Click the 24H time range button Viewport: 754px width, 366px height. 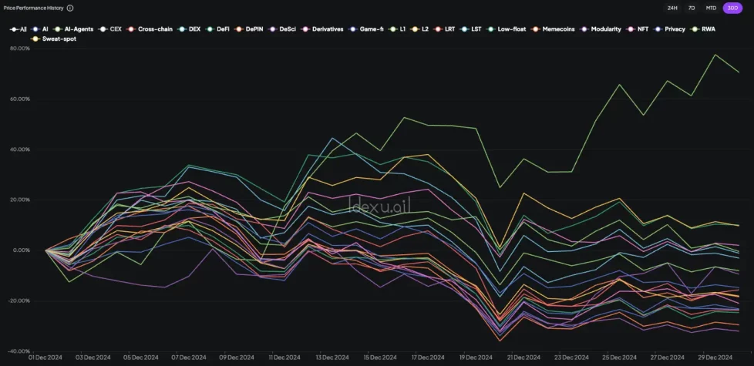tap(672, 8)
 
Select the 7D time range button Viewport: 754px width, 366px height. tap(692, 8)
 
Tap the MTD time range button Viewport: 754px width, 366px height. tap(711, 8)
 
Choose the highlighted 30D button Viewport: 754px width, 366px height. tap(732, 8)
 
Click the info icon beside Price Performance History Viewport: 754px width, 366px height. tap(70, 8)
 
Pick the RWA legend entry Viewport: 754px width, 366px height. tap(705, 29)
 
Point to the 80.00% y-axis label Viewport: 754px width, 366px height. tap(19, 48)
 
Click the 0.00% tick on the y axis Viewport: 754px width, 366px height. tap(21, 250)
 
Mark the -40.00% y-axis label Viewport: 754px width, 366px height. tap(19, 351)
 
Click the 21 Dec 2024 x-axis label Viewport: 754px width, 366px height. tap(524, 358)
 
